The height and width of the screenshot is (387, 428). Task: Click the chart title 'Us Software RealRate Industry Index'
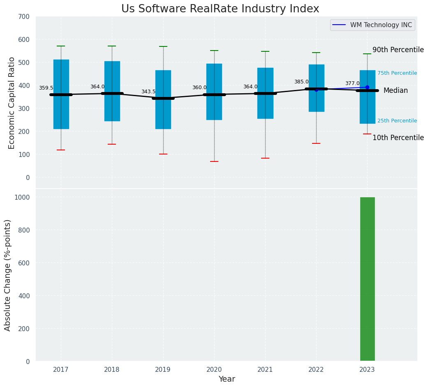point(220,9)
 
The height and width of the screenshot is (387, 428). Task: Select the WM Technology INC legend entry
point(372,25)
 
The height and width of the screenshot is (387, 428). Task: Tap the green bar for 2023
point(367,279)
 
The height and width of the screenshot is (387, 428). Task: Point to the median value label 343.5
point(148,92)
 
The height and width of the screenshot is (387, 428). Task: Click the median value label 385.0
point(301,82)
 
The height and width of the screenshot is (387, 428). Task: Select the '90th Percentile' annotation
point(398,50)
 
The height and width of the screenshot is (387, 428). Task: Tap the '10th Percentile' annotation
point(398,138)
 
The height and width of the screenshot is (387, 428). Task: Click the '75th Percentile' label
point(397,73)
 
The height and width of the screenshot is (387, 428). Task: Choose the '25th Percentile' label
point(397,121)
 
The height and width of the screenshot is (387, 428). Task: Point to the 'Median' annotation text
point(396,91)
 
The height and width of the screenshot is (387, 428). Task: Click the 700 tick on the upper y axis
point(24,16)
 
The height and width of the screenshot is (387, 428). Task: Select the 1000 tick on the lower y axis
point(22,197)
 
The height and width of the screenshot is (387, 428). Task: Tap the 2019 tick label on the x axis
point(163,370)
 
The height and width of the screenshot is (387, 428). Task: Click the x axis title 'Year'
point(227,379)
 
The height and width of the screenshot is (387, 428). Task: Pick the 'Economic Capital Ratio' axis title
point(12,103)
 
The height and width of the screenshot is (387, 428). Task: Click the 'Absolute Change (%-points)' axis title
point(8,275)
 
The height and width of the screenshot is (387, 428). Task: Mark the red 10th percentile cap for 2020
point(214,161)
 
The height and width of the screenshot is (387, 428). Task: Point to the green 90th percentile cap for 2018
point(112,46)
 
